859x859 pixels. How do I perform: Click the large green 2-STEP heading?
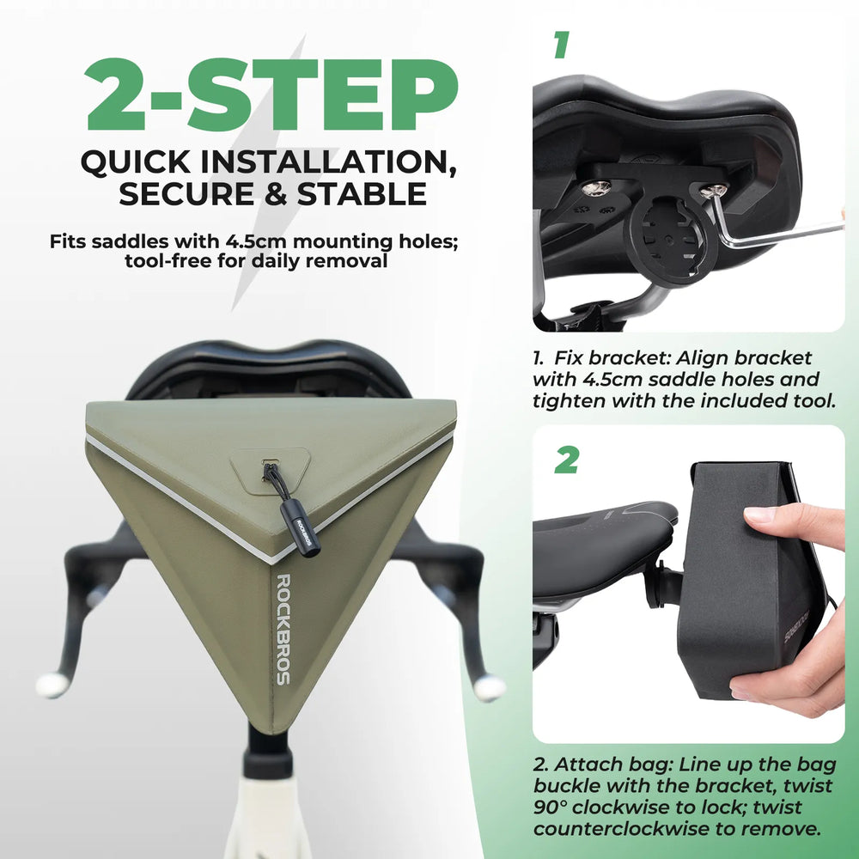271,94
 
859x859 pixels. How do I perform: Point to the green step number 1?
561,45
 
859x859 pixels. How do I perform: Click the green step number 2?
566,460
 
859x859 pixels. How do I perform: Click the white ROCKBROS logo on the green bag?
283,630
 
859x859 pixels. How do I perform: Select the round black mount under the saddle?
671,241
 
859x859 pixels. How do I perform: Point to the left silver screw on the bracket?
596,188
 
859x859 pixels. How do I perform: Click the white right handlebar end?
490,688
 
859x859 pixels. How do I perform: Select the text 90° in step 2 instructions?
550,807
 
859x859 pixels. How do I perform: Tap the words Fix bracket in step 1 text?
612,357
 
